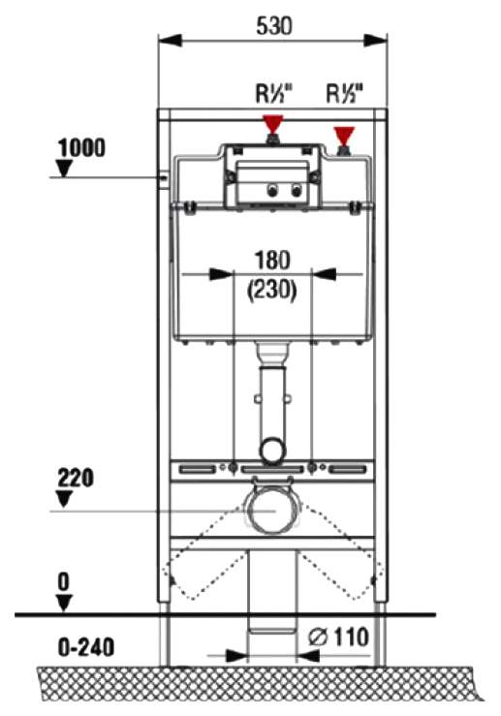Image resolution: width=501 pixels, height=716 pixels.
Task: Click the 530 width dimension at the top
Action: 274,25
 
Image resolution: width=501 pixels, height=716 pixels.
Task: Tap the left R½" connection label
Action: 273,93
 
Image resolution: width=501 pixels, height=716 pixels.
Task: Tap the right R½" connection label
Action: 344,93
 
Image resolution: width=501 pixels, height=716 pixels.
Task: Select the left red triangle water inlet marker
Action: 273,124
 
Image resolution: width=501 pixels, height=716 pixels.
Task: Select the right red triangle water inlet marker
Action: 344,135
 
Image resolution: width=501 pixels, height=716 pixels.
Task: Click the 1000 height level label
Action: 81,148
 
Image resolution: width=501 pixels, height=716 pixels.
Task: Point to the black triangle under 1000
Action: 64,168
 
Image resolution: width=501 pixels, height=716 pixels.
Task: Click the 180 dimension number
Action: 272,261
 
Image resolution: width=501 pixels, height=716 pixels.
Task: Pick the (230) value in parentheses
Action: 271,290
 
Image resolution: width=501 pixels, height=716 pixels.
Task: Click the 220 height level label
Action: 76,478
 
